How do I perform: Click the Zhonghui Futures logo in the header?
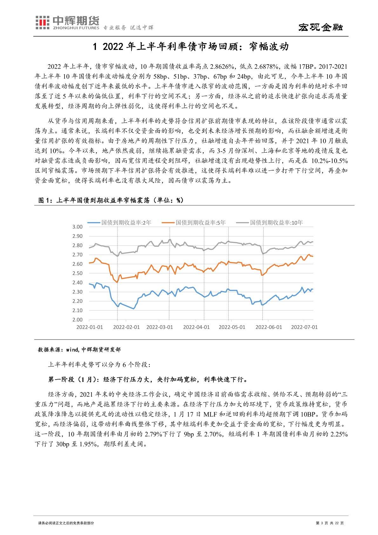pyautogui.click(x=66, y=23)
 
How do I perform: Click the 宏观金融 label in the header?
pyautogui.click(x=321, y=28)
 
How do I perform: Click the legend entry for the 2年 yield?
pyautogui.click(x=121, y=223)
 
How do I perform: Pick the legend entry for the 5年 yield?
pyautogui.click(x=195, y=223)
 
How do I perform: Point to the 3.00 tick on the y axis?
pyautogui.click(x=78, y=227)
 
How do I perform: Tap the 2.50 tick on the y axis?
pyautogui.click(x=78, y=273)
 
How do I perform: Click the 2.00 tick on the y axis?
pyautogui.click(x=78, y=320)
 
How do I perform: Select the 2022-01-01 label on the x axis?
pyautogui.click(x=90, y=327)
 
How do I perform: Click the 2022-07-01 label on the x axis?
pyautogui.click(x=304, y=327)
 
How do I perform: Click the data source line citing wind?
pyautogui.click(x=79, y=350)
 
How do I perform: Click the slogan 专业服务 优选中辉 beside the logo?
pyautogui.click(x=129, y=28)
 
